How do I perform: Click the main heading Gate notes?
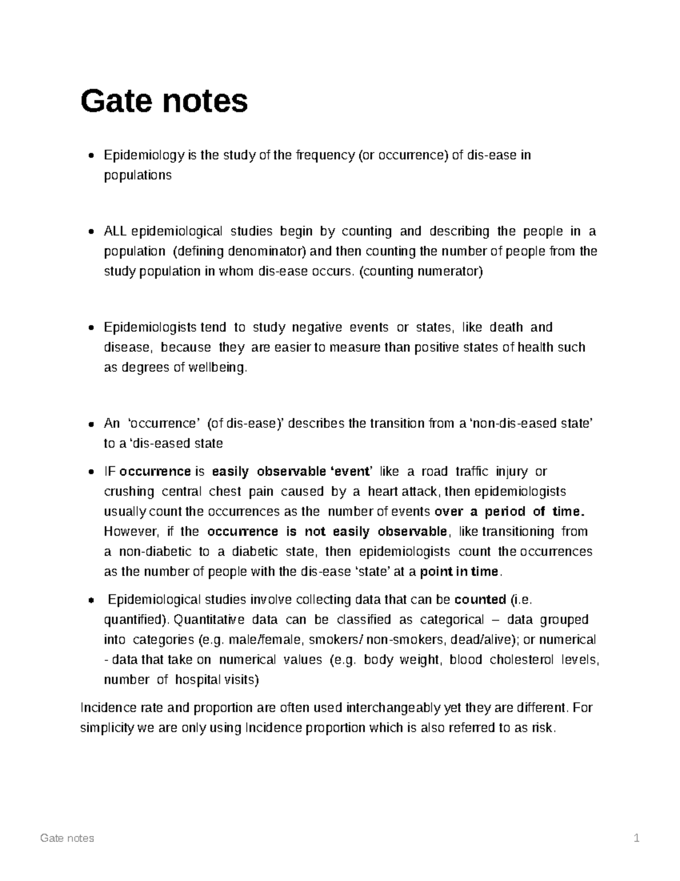click(x=164, y=102)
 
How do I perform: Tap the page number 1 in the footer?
click(x=637, y=838)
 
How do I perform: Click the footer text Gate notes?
click(x=67, y=838)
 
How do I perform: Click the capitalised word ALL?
click(x=116, y=231)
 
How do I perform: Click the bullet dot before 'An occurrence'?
click(x=92, y=424)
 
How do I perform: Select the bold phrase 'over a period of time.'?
click(x=508, y=512)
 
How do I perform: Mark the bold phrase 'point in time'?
click(x=459, y=571)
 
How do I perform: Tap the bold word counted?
click(x=480, y=600)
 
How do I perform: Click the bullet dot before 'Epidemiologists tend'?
click(x=92, y=328)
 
